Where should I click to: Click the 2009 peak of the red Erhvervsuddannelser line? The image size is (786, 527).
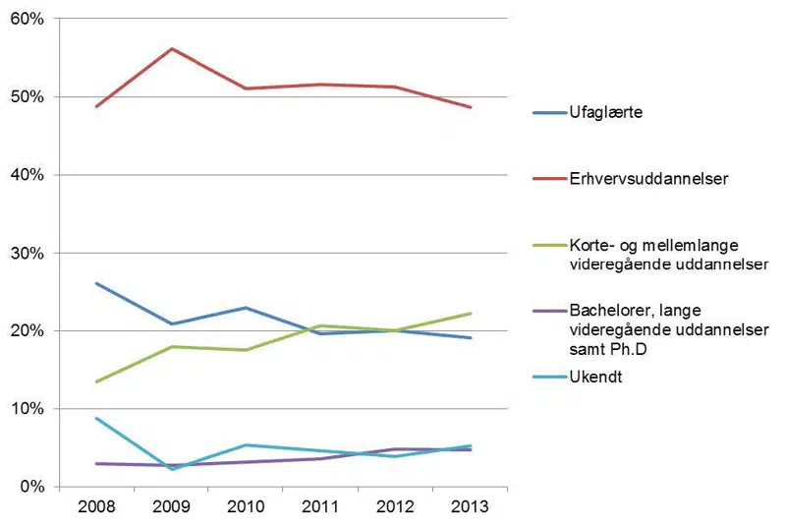pyautogui.click(x=172, y=48)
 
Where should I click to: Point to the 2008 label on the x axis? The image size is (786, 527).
pyautogui.click(x=96, y=507)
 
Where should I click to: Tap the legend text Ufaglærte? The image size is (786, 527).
pyautogui.click(x=600, y=113)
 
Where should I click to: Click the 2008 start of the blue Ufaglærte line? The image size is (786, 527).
pyautogui.click(x=96, y=283)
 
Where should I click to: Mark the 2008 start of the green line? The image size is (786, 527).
pyautogui.click(x=96, y=381)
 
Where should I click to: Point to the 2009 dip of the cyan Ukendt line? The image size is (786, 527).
pyautogui.click(x=172, y=469)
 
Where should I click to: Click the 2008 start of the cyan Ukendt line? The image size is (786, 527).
pyautogui.click(x=96, y=418)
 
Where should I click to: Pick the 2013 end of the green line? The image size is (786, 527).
pyautogui.click(x=471, y=314)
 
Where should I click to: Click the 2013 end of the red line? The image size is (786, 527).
pyautogui.click(x=471, y=107)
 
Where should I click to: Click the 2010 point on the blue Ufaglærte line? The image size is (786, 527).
pyautogui.click(x=247, y=308)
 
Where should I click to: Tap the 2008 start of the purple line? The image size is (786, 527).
pyautogui.click(x=96, y=463)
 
